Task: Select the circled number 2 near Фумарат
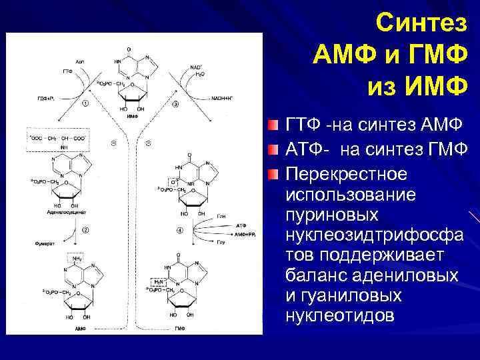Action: pos(85,230)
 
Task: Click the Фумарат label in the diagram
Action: pos(45,244)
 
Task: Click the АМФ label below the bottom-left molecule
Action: pos(81,329)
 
